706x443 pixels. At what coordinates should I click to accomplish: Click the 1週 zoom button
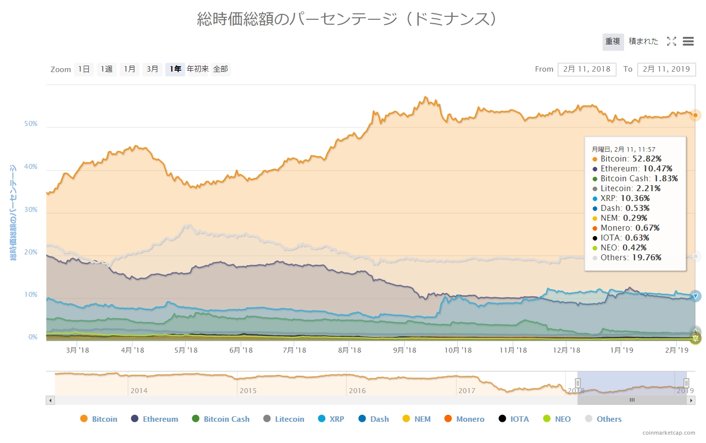point(107,69)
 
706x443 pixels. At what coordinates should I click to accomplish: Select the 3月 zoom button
point(152,69)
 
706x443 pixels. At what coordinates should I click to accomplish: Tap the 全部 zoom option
point(221,69)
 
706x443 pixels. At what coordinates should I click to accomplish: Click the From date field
point(587,69)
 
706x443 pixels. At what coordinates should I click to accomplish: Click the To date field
point(666,69)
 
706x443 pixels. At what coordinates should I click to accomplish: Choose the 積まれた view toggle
point(643,41)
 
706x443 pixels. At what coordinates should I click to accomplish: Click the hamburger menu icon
point(688,41)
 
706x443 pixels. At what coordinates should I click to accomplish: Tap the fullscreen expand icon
point(671,41)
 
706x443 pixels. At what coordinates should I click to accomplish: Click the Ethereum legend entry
point(154,419)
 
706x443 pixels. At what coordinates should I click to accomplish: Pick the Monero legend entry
point(464,419)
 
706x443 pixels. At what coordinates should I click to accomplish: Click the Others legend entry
point(603,419)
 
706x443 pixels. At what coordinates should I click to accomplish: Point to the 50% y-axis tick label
point(31,124)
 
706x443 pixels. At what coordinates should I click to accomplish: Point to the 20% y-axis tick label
point(31,252)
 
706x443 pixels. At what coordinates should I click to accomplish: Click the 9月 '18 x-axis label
point(405,350)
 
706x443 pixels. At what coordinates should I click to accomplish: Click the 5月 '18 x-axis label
point(186,350)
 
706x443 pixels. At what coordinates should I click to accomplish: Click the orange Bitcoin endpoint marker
point(695,115)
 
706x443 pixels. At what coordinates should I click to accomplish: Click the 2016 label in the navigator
point(357,391)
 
